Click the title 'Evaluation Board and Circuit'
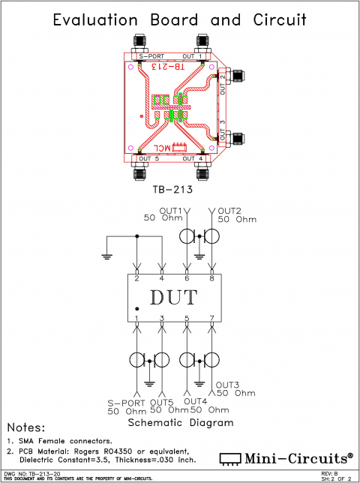[x=179, y=20]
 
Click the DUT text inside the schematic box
[x=174, y=297]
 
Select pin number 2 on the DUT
[x=137, y=279]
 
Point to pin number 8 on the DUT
[x=213, y=279]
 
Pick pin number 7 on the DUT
[x=213, y=318]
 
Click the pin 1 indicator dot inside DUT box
[x=136, y=309]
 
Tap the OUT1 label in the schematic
[x=171, y=210]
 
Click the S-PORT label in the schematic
[x=124, y=401]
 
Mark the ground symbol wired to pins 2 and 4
[x=108, y=256]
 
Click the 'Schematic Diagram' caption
[x=180, y=422]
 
